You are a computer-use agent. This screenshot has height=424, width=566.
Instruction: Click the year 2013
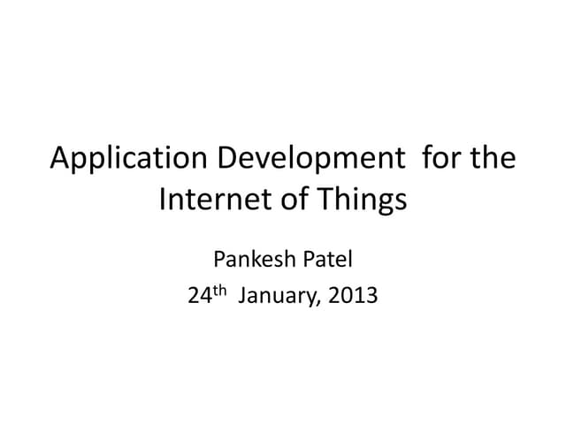click(352, 296)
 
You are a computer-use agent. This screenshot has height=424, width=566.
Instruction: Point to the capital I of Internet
click(163, 199)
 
